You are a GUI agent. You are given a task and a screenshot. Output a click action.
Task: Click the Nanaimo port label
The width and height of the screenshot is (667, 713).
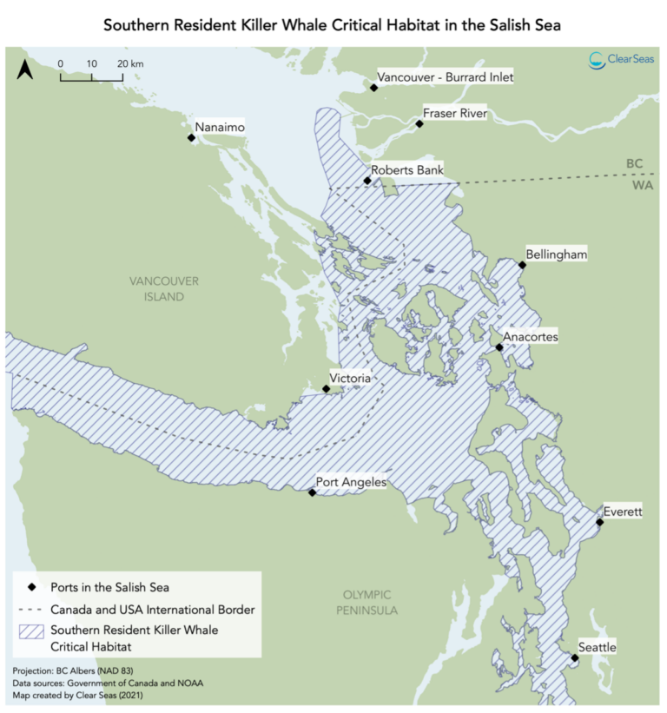click(x=220, y=128)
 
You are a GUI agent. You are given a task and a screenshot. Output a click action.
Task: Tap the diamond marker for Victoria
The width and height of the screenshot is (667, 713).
click(x=326, y=389)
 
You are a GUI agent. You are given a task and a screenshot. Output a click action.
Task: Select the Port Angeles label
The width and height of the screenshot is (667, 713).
click(x=351, y=483)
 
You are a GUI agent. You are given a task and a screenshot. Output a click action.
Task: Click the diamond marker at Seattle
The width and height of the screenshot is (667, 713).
click(x=575, y=658)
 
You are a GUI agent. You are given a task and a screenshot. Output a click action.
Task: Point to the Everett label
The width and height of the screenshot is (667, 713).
click(x=623, y=512)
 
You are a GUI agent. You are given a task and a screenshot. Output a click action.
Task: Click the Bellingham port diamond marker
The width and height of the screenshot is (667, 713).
click(x=522, y=265)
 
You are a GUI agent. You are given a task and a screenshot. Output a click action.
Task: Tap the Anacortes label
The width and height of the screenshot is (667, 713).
click(x=531, y=337)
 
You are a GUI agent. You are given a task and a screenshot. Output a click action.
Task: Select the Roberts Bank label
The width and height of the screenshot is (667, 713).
click(x=407, y=170)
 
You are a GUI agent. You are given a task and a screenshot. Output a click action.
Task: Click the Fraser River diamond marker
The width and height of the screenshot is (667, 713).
click(x=419, y=124)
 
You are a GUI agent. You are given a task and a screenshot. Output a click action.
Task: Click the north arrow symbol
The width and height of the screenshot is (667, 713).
click(x=26, y=69)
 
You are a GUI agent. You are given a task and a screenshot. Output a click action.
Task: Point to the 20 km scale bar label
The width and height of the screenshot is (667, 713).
click(x=130, y=64)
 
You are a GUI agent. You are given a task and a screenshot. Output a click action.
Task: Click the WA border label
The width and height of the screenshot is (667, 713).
click(x=637, y=186)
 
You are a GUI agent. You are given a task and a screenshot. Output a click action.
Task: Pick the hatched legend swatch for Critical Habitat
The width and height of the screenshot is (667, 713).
click(x=30, y=637)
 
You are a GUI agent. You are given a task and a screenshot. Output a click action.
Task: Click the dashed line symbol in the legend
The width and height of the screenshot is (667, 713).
click(x=30, y=610)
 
